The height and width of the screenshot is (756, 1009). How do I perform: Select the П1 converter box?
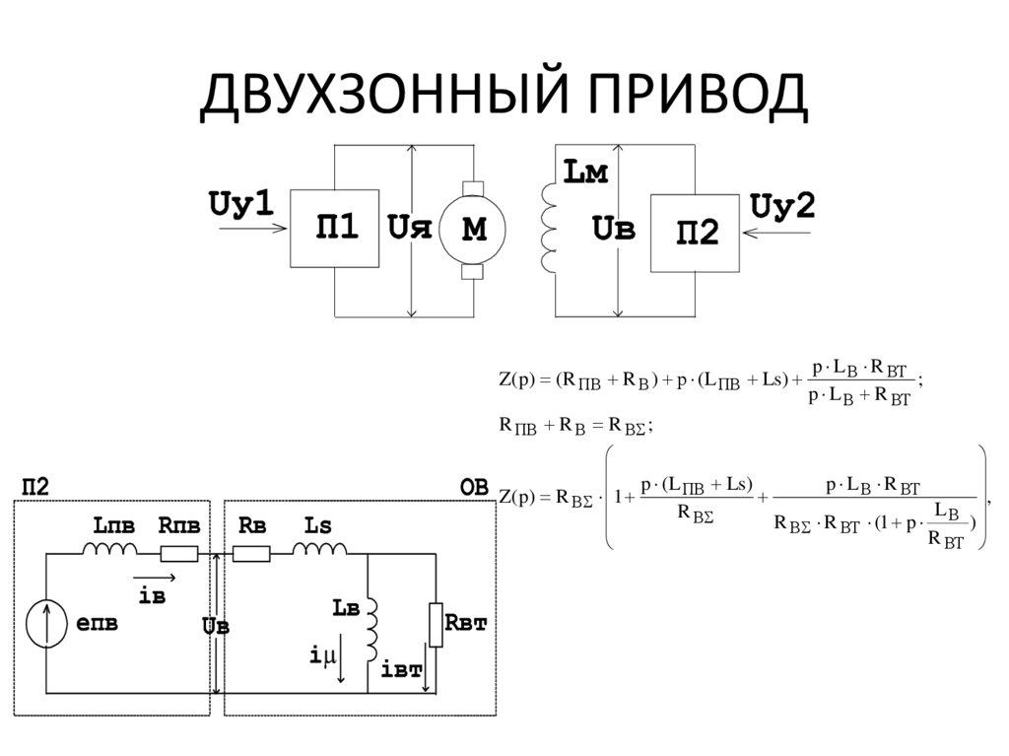click(335, 229)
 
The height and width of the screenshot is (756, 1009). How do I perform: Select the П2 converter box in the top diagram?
click(695, 234)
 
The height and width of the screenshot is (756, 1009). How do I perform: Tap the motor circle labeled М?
click(472, 230)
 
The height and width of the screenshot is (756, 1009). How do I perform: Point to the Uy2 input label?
click(782, 207)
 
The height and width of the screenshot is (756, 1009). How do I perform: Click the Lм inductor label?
click(585, 172)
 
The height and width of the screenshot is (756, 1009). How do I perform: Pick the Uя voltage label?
click(409, 228)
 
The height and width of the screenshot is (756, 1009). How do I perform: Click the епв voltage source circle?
click(47, 623)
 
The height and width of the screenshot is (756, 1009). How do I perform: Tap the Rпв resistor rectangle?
click(179, 553)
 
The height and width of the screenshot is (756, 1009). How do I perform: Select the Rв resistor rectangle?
click(251, 553)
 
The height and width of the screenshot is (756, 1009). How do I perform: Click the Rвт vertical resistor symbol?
click(436, 625)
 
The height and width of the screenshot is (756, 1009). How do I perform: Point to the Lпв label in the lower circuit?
click(114, 526)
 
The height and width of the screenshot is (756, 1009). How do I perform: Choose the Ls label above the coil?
click(318, 525)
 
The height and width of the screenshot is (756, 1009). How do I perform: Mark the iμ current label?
click(322, 655)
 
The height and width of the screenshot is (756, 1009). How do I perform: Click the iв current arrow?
click(155, 578)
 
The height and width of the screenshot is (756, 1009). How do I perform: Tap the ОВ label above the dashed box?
click(474, 488)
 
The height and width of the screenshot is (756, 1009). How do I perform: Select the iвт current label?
click(402, 669)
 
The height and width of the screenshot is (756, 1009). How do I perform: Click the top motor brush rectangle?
click(473, 188)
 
